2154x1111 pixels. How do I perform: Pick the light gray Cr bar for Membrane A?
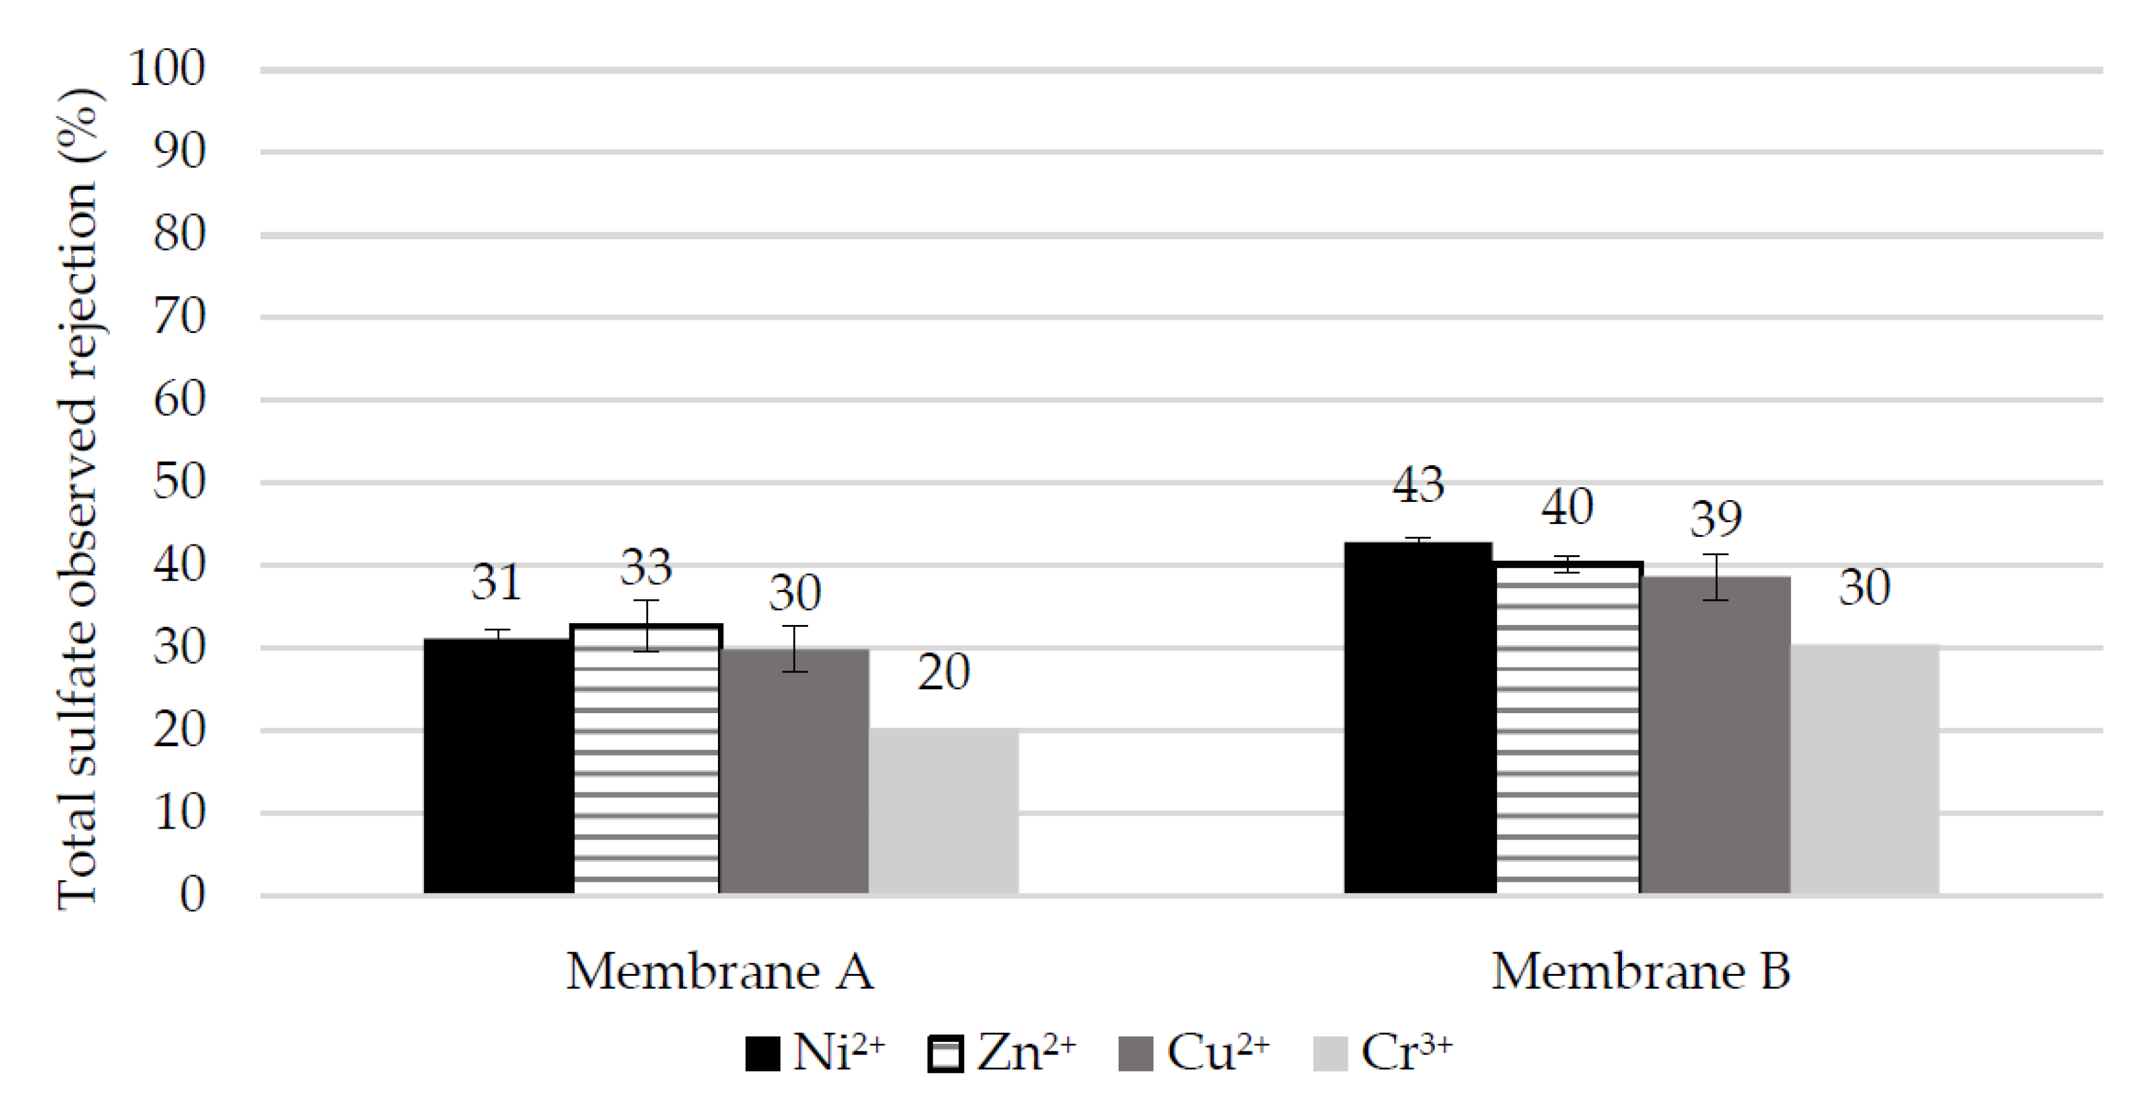[943, 812]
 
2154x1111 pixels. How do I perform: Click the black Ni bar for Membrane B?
[1419, 718]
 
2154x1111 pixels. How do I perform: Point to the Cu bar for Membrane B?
[1716, 735]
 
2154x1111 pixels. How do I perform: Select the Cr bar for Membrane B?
[1865, 770]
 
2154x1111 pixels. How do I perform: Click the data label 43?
[1418, 485]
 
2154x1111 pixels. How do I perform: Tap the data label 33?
[646, 568]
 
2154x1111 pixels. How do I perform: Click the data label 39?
[1716, 519]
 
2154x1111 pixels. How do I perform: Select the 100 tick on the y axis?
[167, 69]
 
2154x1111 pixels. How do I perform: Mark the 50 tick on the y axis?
[179, 482]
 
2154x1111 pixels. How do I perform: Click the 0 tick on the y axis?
[192, 895]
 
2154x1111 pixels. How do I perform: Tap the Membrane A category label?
[720, 972]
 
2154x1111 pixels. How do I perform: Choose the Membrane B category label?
[1640, 972]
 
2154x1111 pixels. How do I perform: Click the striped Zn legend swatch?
[946, 1053]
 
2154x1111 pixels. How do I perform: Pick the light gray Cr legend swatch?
[1331, 1053]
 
